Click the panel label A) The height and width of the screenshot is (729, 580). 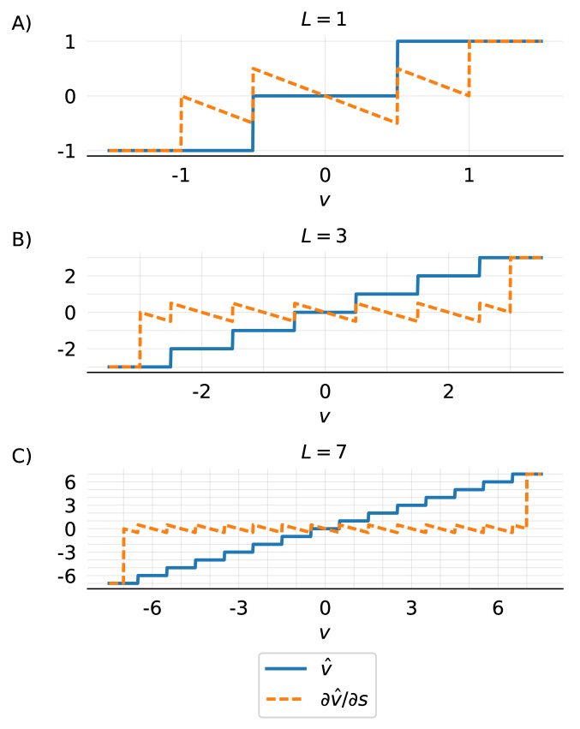[x=21, y=24]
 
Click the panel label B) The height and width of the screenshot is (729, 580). [x=21, y=240]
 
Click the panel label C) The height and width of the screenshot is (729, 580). [x=21, y=456]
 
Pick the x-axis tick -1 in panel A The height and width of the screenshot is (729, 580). [x=180, y=175]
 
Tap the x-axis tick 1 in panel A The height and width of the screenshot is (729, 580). [x=469, y=175]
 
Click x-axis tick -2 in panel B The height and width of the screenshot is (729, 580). [x=200, y=391]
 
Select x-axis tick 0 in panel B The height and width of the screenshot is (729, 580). [x=325, y=391]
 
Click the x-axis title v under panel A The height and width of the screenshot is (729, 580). [x=324, y=198]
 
